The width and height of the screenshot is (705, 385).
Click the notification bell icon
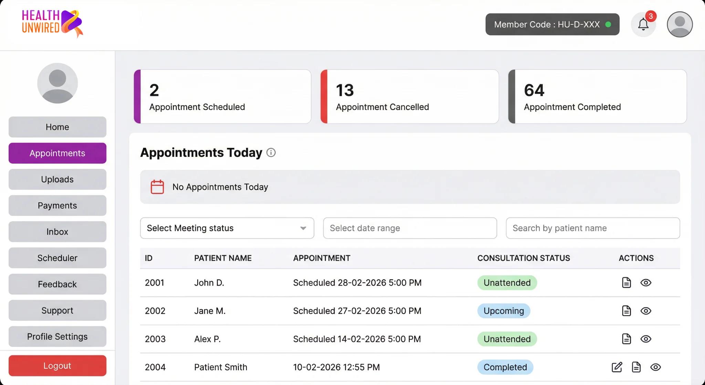pyautogui.click(x=643, y=24)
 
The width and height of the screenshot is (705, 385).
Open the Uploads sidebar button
pyautogui.click(x=57, y=179)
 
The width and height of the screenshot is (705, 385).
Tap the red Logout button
pyautogui.click(x=57, y=366)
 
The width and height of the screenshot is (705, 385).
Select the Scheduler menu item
pyautogui.click(x=57, y=258)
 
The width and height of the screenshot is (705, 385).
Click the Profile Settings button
pyautogui.click(x=57, y=336)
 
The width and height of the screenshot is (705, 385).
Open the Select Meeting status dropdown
pyautogui.click(x=227, y=228)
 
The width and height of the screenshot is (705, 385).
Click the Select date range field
pyautogui.click(x=410, y=228)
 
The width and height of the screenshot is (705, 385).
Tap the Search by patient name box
pyautogui.click(x=592, y=228)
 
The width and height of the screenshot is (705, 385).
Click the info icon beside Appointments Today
pyautogui.click(x=271, y=153)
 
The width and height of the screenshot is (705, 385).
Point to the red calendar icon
pyautogui.click(x=157, y=187)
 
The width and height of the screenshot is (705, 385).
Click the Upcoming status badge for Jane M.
pyautogui.click(x=503, y=311)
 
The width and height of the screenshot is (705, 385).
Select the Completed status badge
pyautogui.click(x=505, y=367)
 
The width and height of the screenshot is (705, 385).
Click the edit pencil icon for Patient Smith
pyautogui.click(x=617, y=367)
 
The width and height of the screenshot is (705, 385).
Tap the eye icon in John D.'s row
pyautogui.click(x=645, y=283)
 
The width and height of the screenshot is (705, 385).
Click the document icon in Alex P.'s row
pyautogui.click(x=626, y=339)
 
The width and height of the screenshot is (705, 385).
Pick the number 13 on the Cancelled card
pyautogui.click(x=345, y=90)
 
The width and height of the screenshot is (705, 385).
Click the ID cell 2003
pyautogui.click(x=155, y=339)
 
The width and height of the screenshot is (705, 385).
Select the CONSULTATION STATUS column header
pyautogui.click(x=523, y=258)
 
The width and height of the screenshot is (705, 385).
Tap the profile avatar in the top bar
pyautogui.click(x=680, y=24)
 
